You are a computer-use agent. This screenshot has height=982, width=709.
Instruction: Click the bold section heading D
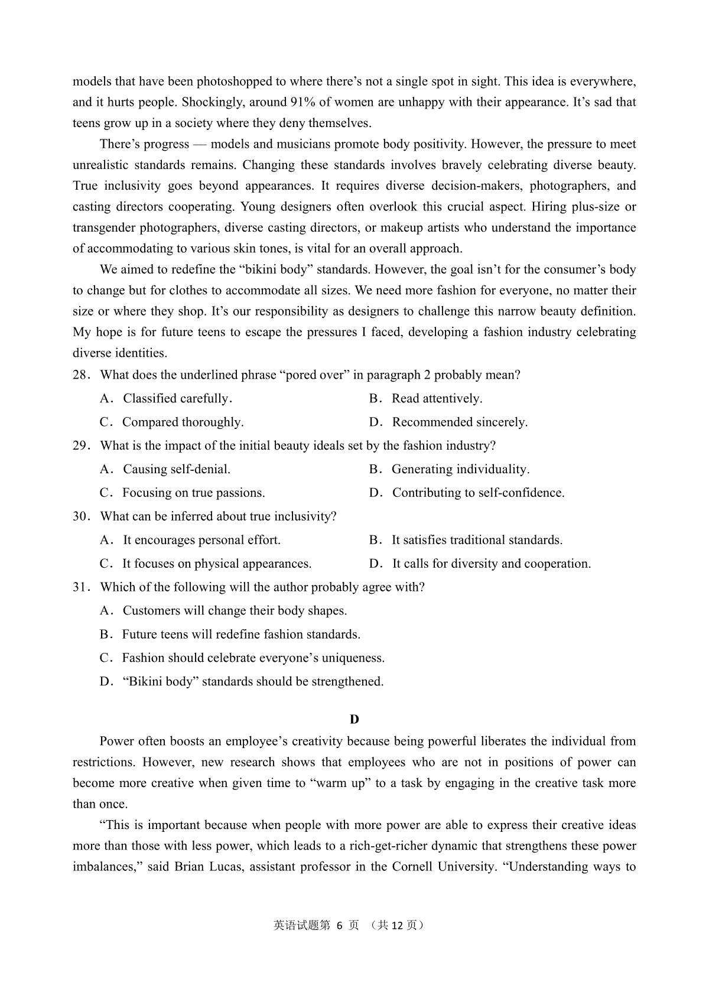[x=354, y=719]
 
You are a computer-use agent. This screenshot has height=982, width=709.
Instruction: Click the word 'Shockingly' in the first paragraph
[x=213, y=102]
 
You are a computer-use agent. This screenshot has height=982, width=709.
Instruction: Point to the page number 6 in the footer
[x=339, y=925]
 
